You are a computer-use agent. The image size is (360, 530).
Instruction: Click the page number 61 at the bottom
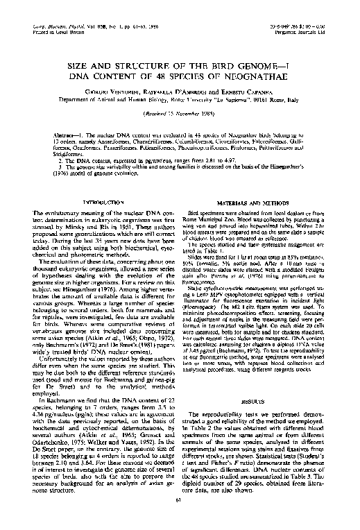click(180, 517)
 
